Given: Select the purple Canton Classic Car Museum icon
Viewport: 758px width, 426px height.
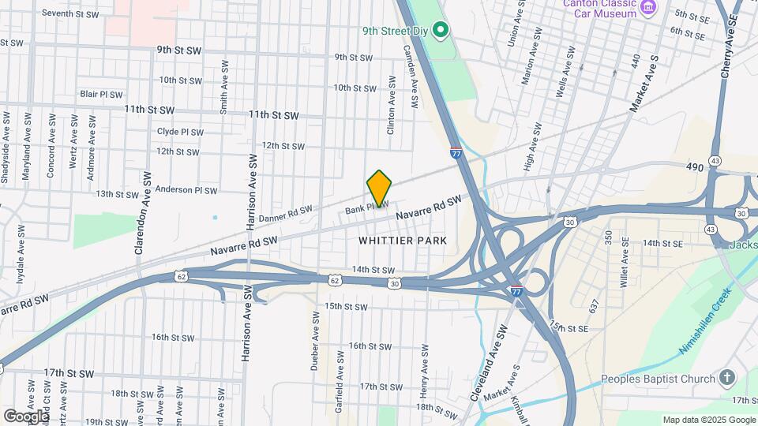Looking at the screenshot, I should click(649, 8).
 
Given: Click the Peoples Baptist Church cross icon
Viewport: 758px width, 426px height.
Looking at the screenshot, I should click(727, 378).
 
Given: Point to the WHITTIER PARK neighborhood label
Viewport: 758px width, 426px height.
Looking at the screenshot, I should click(403, 240).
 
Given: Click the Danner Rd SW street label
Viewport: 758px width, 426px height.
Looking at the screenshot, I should click(285, 214).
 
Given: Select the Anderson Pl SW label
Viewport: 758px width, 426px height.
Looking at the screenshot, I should click(186, 190).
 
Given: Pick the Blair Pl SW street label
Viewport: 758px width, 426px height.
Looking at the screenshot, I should click(101, 94).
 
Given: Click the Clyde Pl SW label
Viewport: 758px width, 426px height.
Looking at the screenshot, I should click(178, 132).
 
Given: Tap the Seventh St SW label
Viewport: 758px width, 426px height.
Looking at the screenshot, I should click(70, 14).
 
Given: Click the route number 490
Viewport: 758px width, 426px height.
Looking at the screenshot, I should click(695, 167).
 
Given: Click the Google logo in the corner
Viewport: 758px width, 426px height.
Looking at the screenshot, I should click(26, 416).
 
